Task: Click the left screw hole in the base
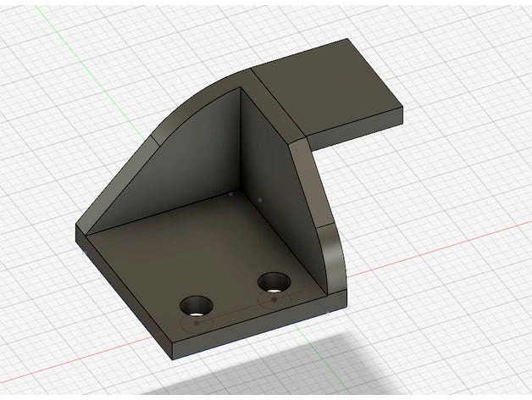coord(197,303)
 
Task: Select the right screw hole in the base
coord(273,281)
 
